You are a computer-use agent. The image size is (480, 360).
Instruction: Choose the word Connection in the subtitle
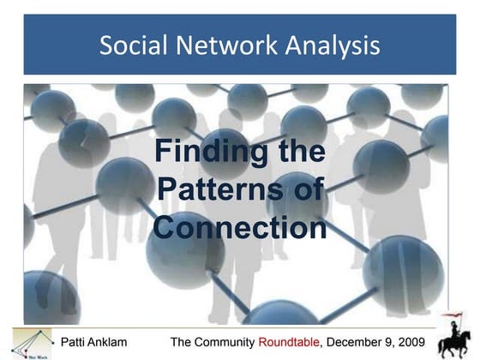click(240, 228)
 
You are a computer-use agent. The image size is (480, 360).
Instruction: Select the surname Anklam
click(111, 343)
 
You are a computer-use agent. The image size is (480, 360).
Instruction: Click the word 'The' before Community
click(183, 343)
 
